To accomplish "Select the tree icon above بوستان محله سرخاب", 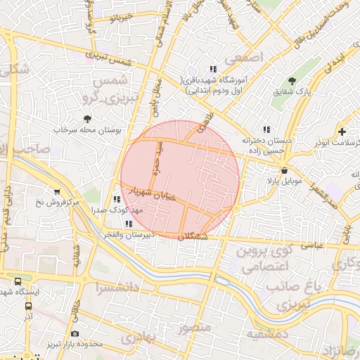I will click(x=87, y=120).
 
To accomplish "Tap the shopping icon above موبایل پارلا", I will click(x=283, y=170).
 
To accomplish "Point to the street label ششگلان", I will click(x=194, y=238).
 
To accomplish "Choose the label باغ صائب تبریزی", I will click(x=295, y=295).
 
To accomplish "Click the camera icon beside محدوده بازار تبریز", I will click(x=75, y=333).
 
